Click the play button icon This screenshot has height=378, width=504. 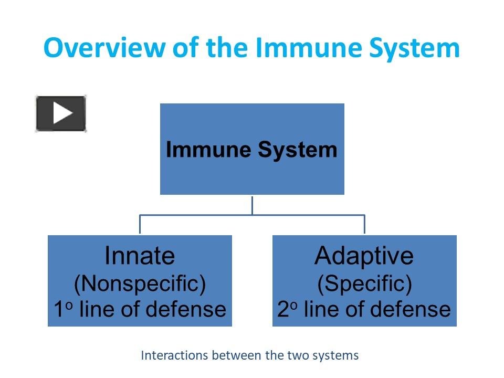coord(61,113)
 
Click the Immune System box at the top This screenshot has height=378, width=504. coord(252,149)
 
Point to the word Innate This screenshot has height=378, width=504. coord(140,256)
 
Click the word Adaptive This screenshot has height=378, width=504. coord(364,256)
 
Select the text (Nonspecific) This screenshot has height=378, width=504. coord(140,283)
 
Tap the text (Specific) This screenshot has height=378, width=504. coord(364,283)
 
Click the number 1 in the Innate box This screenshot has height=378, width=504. coord(59,310)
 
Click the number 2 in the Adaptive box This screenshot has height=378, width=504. coord(283,310)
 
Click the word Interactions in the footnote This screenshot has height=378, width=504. coord(175,355)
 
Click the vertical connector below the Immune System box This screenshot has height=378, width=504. coord(252,205)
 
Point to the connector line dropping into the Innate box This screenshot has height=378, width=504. coord(140,224)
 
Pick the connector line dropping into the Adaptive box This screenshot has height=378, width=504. coord(364,224)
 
